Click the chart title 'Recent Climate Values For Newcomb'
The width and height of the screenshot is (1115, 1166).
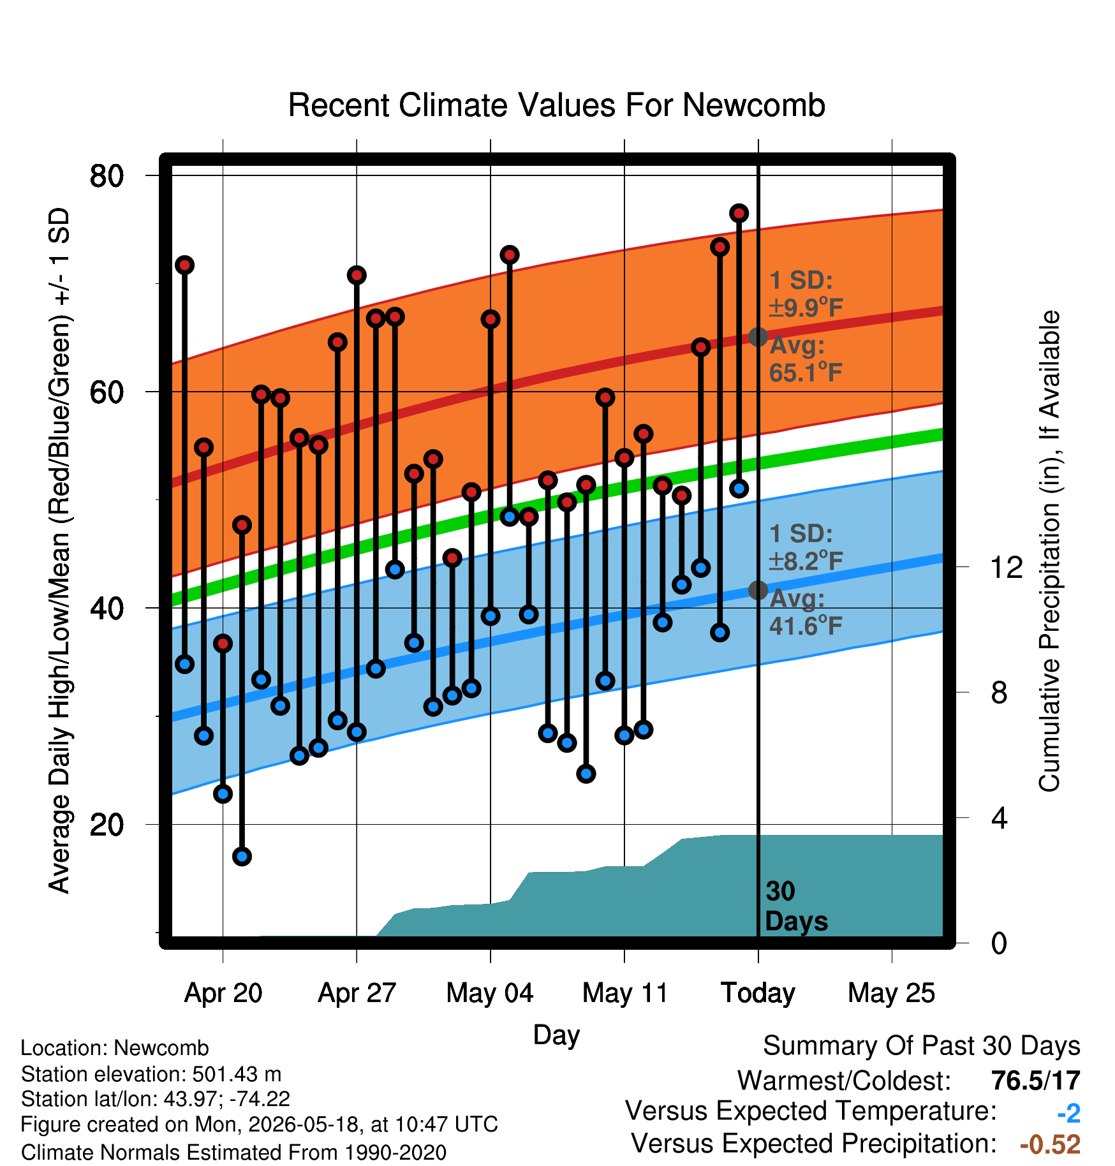pyautogui.click(x=556, y=105)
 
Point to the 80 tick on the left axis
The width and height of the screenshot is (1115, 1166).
pyautogui.click(x=107, y=175)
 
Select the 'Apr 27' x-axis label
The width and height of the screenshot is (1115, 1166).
pyautogui.click(x=357, y=993)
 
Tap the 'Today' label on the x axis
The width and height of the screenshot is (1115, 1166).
pyautogui.click(x=758, y=993)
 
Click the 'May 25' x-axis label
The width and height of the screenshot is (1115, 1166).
pyautogui.click(x=891, y=993)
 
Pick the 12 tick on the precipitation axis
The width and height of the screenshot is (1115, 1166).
pyautogui.click(x=1006, y=567)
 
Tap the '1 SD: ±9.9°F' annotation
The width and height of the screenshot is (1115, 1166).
pyautogui.click(x=806, y=294)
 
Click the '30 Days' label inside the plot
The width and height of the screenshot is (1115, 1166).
pyautogui.click(x=796, y=906)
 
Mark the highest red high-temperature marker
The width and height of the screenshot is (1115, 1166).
pyautogui.click(x=739, y=213)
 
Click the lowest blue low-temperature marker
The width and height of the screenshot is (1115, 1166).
pyautogui.click(x=242, y=856)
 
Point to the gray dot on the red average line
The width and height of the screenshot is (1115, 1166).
pyautogui.click(x=758, y=337)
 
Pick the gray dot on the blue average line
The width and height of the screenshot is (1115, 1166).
pyautogui.click(x=758, y=590)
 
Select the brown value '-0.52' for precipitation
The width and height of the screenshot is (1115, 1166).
pyautogui.click(x=1050, y=1144)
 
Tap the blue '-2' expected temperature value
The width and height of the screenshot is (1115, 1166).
pyautogui.click(x=1068, y=1113)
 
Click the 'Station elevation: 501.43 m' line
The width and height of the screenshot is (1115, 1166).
pyautogui.click(x=151, y=1074)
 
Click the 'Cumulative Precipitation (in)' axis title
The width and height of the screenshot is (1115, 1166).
pyautogui.click(x=1049, y=551)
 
